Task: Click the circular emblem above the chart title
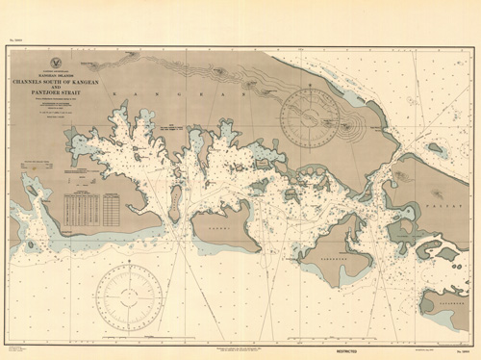[x=55, y=63]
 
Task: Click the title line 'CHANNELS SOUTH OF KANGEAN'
[x=55, y=81]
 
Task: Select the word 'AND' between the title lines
[x=55, y=87]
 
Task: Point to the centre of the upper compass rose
[x=310, y=119]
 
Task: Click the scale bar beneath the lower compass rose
[x=128, y=339]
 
